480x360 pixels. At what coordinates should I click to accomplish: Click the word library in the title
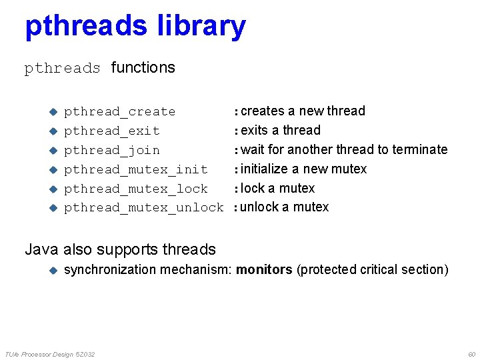point(201,27)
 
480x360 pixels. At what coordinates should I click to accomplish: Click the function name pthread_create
point(120,111)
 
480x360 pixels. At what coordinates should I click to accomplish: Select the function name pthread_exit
point(112,131)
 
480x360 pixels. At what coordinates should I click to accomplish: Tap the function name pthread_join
point(112,150)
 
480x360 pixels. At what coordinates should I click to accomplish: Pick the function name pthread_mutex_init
point(136,169)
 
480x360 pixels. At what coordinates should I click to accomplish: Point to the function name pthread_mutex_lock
point(136,189)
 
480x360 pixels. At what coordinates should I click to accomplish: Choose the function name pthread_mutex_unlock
point(144,207)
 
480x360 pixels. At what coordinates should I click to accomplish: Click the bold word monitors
point(264,270)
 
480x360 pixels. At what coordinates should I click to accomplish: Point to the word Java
point(41,250)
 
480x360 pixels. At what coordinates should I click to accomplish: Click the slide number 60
point(471,354)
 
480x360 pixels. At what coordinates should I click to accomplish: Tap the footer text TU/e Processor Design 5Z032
point(49,354)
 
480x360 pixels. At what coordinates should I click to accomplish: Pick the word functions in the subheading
point(143,67)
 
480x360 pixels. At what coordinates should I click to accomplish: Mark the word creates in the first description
point(262,111)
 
